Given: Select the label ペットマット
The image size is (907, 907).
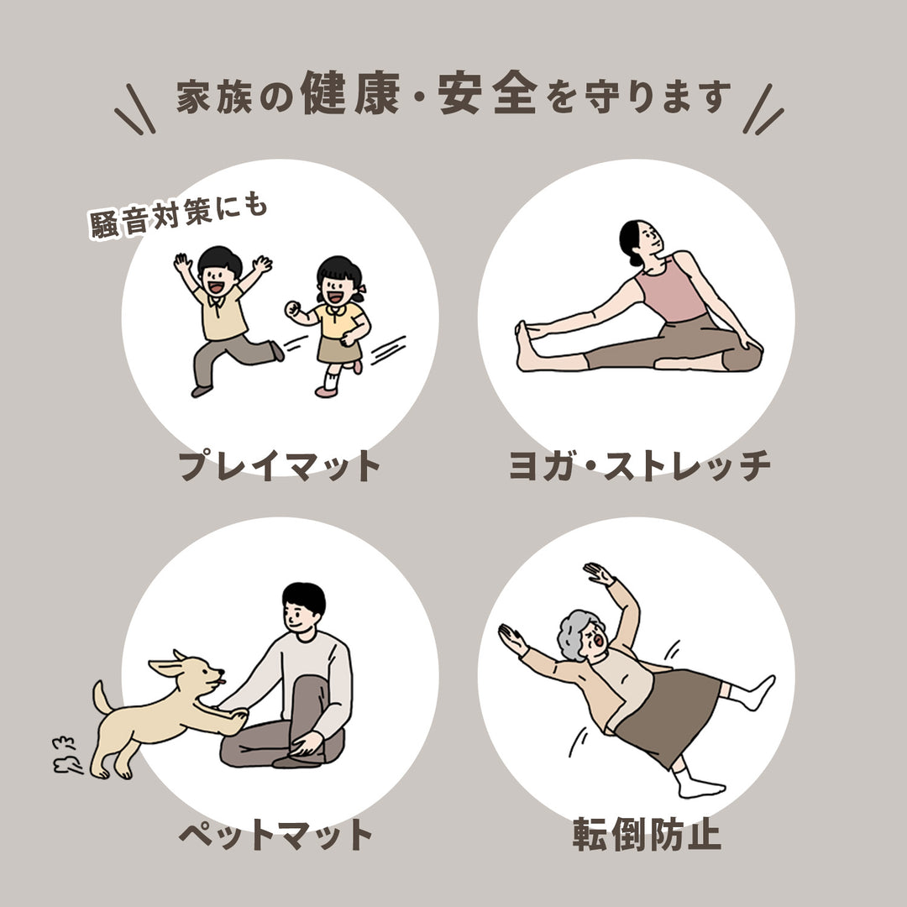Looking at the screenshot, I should pos(275,834).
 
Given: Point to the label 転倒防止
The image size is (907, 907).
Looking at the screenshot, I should pos(647,834).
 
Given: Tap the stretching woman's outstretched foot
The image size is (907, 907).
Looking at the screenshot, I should pos(525,344).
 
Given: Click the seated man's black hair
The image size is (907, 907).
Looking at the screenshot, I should pos(303,597).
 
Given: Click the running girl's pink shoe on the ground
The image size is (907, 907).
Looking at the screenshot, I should pos(325,391).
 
